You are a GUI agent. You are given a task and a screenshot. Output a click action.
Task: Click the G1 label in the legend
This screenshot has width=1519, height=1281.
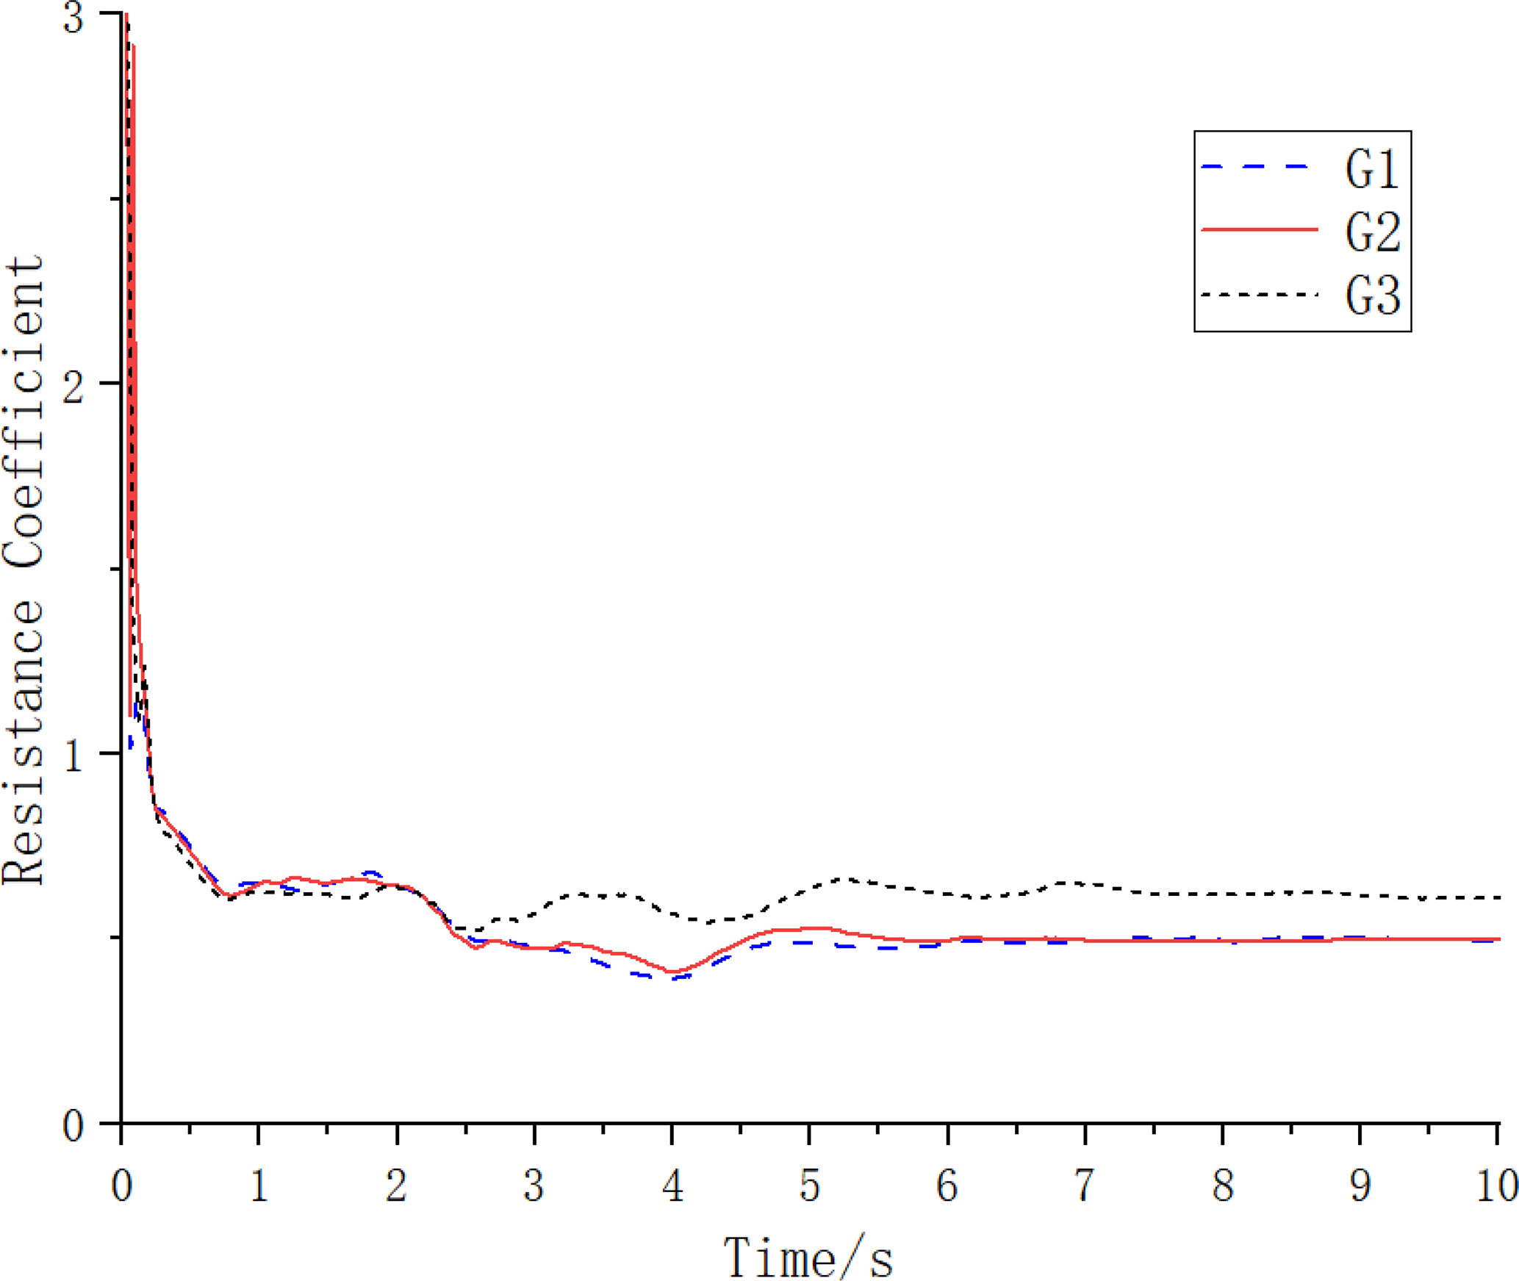(1371, 168)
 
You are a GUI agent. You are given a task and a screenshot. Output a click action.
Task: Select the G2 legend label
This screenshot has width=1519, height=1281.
(1371, 232)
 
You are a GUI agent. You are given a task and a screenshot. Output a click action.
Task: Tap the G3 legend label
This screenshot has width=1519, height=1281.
(1371, 295)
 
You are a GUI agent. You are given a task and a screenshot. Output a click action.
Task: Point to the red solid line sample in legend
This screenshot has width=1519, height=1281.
(1258, 230)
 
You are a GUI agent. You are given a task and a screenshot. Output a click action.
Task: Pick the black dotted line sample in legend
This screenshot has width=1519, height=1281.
(1258, 295)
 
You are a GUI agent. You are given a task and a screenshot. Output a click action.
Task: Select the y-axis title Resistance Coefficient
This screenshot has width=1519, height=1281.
(24, 570)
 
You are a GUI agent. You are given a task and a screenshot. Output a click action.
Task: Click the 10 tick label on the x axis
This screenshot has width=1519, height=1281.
(1496, 1185)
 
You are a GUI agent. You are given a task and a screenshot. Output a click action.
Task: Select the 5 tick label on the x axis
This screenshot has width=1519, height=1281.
(809, 1185)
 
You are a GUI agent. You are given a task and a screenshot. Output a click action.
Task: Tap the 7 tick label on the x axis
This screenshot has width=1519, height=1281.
(1085, 1185)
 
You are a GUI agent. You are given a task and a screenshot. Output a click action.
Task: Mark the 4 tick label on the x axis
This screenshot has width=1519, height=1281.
(672, 1185)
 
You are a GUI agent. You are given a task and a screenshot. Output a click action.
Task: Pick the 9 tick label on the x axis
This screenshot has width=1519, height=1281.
(1360, 1185)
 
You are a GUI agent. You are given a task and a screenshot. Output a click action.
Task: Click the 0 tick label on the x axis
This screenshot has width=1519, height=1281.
(121, 1185)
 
